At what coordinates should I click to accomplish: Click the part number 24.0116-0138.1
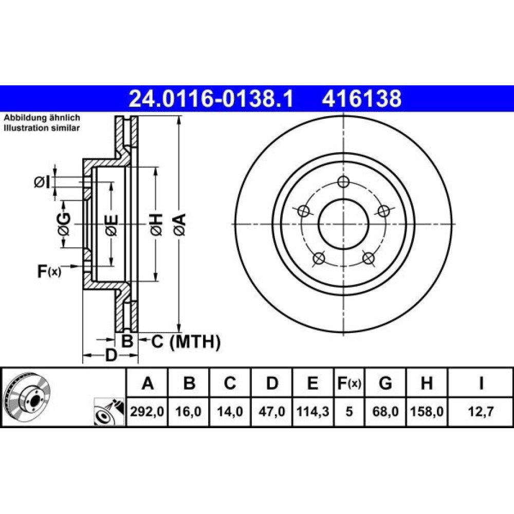pyautogui.click(x=211, y=99)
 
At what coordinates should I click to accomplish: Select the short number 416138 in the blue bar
pyautogui.click(x=361, y=99)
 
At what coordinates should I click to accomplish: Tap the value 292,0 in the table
pyautogui.click(x=147, y=411)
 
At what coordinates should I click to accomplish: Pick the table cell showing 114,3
pyautogui.click(x=313, y=411)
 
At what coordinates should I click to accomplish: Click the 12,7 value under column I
pyautogui.click(x=481, y=411)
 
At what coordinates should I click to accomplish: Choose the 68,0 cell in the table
pyautogui.click(x=385, y=411)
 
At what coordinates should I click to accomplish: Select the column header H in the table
pyautogui.click(x=427, y=382)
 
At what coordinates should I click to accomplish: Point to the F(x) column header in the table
pyautogui.click(x=349, y=382)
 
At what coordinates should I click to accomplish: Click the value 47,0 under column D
pyautogui.click(x=272, y=411)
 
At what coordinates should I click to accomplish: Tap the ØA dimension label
pyautogui.click(x=180, y=224)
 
